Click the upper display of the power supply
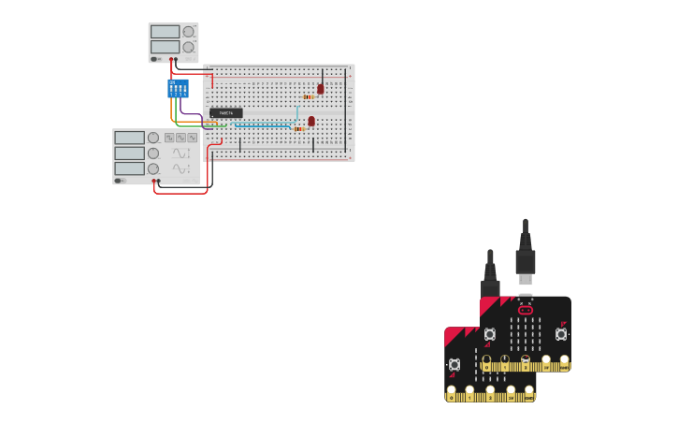165,31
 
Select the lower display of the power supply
165,46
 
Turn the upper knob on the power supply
188,31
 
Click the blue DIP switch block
178,88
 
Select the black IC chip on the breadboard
225,112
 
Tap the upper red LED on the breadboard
320,89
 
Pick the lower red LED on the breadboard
311,121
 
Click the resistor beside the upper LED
308,96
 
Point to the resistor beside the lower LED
300,128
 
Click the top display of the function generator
130,138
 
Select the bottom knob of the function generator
152,168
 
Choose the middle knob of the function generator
152,153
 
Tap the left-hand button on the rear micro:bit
490,334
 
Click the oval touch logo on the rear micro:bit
526,310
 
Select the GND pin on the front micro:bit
529,395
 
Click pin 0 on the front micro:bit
452,395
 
